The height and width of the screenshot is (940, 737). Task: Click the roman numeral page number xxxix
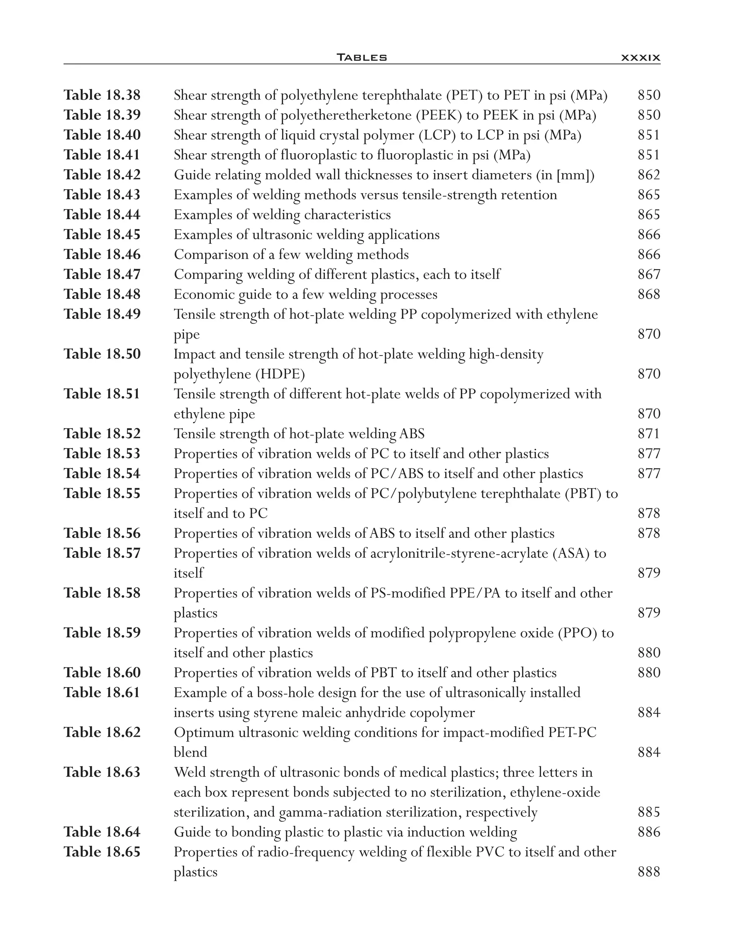tap(640, 57)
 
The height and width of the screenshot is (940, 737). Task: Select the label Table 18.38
tap(102, 95)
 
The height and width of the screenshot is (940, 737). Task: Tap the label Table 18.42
tap(102, 175)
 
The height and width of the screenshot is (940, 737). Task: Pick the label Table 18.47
tap(102, 274)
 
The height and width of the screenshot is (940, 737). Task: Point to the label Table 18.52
tap(102, 433)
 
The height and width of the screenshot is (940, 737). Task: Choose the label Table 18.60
tap(102, 673)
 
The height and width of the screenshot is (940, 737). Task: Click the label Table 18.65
tap(102, 852)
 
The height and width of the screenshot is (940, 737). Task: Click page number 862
tap(648, 175)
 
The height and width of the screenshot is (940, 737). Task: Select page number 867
tap(648, 274)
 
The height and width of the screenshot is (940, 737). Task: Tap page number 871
tap(648, 433)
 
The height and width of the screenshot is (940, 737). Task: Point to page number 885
tap(648, 812)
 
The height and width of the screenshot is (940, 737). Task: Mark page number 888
tap(648, 872)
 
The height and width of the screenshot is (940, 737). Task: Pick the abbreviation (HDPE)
tap(280, 374)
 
